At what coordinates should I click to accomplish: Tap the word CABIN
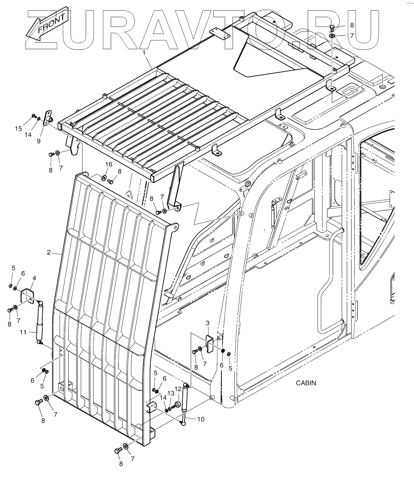306,383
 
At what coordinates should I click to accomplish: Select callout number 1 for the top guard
144,53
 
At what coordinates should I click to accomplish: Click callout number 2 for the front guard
49,252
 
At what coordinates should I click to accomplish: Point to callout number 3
208,322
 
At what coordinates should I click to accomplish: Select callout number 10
200,419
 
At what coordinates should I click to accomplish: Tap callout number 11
23,332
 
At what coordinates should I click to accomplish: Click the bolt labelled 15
34,116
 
